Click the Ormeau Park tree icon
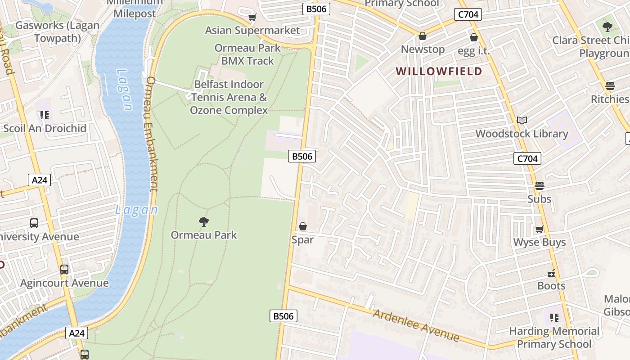point(204,221)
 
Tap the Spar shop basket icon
point(303,226)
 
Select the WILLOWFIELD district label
point(439,71)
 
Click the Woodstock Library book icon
point(522,120)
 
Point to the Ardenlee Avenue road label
point(416,325)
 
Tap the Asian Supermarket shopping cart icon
point(252,18)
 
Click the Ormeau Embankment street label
point(153,134)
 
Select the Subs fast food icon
point(539,186)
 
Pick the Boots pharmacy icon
point(551,273)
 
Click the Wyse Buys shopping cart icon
point(539,229)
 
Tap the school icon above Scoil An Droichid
point(44,116)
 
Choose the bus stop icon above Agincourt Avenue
point(64,270)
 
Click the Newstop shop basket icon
point(423,36)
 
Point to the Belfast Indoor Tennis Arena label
point(229,97)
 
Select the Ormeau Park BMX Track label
point(247,54)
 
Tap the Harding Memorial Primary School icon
point(554,318)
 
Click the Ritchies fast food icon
point(610,85)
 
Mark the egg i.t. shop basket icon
point(473,37)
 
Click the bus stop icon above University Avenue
point(34,223)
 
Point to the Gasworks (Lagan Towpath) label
point(57,31)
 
